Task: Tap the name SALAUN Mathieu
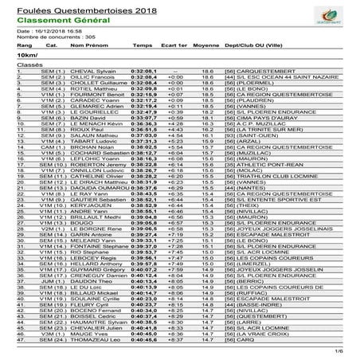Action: pos(97,136)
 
